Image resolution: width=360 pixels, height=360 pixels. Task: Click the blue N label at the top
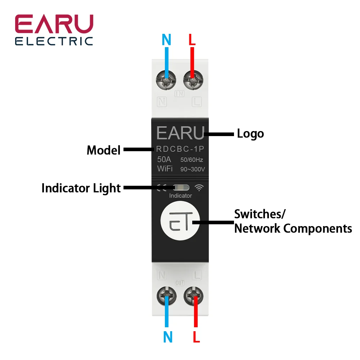(166, 40)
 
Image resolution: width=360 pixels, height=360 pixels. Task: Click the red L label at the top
(192, 40)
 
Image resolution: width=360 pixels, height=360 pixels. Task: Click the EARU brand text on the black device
(180, 133)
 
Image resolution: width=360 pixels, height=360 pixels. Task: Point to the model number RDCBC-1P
(180, 149)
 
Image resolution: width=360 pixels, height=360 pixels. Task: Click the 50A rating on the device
(164, 159)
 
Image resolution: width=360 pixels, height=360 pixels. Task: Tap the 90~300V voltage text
(193, 169)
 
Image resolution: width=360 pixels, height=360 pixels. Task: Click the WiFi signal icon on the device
(199, 188)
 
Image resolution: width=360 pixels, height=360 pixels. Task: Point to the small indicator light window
(180, 188)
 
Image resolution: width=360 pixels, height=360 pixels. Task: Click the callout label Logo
(250, 134)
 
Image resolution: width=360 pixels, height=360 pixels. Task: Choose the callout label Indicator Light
(81, 188)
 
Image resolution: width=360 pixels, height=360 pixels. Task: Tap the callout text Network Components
(293, 228)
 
